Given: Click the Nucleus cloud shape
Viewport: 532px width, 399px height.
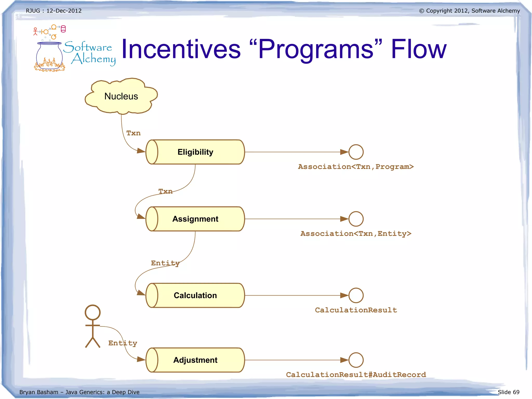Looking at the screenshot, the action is [121, 96].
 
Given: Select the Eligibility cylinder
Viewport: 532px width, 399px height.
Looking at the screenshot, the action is [195, 152].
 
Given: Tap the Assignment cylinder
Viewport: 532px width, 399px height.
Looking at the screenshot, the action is [195, 219].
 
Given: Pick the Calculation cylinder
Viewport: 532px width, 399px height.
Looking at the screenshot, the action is [195, 295].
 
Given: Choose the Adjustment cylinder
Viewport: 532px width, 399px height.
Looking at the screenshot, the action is [195, 360].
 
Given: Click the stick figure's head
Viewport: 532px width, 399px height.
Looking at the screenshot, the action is [92, 312].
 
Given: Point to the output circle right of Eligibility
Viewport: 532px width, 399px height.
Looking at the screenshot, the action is [356, 152].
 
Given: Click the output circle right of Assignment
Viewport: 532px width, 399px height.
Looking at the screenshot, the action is [356, 219].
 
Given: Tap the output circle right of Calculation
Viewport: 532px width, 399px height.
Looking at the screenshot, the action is [356, 295].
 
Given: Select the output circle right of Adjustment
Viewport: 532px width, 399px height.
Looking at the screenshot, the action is [356, 360].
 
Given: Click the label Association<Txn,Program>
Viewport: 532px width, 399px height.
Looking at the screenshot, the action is [356, 167].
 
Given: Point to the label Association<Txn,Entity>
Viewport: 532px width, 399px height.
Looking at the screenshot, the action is [356, 234].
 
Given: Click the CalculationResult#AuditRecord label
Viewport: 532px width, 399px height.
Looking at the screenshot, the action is [356, 375].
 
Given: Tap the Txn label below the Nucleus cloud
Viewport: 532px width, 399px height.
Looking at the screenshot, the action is [133, 133].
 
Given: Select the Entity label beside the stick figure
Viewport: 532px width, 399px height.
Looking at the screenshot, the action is [123, 343].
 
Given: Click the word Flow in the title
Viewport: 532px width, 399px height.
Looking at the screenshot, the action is [418, 49].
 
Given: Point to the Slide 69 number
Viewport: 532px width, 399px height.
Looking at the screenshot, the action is [508, 392].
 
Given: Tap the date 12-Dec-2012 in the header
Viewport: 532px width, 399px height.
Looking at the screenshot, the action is [64, 11].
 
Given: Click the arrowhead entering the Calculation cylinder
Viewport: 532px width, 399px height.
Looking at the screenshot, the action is [141, 293].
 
